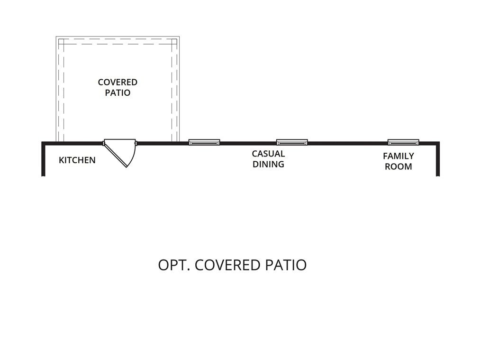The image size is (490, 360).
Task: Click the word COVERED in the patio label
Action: tap(118, 82)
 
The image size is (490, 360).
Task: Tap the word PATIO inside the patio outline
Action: tap(118, 92)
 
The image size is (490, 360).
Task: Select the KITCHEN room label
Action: tap(77, 160)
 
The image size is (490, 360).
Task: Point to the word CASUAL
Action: tap(268, 154)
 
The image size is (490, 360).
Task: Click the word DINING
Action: tap(268, 164)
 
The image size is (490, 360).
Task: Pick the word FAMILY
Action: tap(398, 156)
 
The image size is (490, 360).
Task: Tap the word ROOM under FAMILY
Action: tap(398, 166)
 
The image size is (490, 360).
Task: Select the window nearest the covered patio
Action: tap(204, 142)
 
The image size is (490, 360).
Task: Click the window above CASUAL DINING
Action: tap(292, 142)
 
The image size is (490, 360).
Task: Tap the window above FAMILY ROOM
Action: tap(403, 142)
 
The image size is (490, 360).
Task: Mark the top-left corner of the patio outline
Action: tap(57, 37)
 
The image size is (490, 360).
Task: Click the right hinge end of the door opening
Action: tap(136, 143)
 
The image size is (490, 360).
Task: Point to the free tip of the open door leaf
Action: tap(127, 167)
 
